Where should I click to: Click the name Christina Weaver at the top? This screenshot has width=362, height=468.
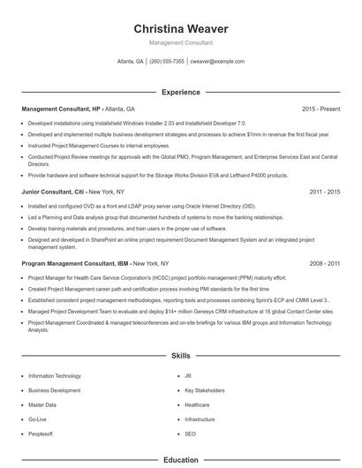click(x=180, y=28)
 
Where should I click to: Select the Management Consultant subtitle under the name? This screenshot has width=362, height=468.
click(x=180, y=42)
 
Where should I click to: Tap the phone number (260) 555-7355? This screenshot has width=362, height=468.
click(x=167, y=62)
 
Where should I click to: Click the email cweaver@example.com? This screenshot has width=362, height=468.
click(x=217, y=62)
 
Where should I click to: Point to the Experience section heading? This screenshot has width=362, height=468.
click(x=180, y=92)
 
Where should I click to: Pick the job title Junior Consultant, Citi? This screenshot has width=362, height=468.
click(x=49, y=191)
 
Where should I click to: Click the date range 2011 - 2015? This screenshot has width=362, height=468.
click(x=324, y=191)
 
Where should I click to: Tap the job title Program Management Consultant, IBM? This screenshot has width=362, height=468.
click(x=70, y=263)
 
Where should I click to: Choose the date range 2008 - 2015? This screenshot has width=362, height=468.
click(x=324, y=263)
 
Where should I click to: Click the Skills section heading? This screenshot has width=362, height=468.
click(x=180, y=355)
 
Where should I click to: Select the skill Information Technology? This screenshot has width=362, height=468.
click(x=55, y=375)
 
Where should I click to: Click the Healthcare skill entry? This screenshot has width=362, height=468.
click(x=198, y=404)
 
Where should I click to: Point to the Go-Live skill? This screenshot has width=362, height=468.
click(x=38, y=419)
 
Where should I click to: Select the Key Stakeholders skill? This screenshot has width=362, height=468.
click(x=203, y=389)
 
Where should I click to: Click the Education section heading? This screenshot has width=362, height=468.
click(x=180, y=460)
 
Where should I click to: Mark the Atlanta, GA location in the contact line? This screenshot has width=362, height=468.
click(x=130, y=62)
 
